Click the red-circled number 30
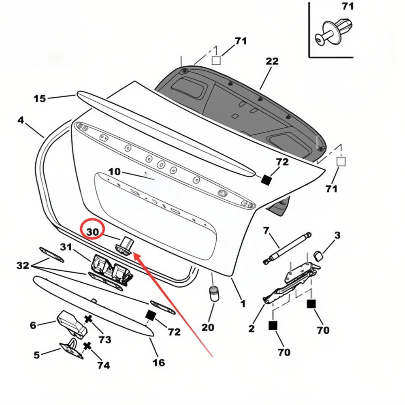pyautogui.click(x=93, y=232)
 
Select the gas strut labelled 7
pyautogui.click(x=287, y=249)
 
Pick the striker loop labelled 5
pyautogui.click(x=72, y=349)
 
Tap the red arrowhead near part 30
pyautogui.click(x=136, y=256)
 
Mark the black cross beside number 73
pyautogui.click(x=88, y=319)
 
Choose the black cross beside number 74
pyautogui.click(x=87, y=346)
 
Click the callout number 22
pyautogui.click(x=272, y=61)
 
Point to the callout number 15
pyautogui.click(x=40, y=98)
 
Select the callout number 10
pyautogui.click(x=115, y=172)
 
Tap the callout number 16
pyautogui.click(x=159, y=362)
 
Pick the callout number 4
pyautogui.click(x=21, y=120)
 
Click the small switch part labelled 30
pyautogui.click(x=125, y=245)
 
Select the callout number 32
pyautogui.click(x=23, y=265)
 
